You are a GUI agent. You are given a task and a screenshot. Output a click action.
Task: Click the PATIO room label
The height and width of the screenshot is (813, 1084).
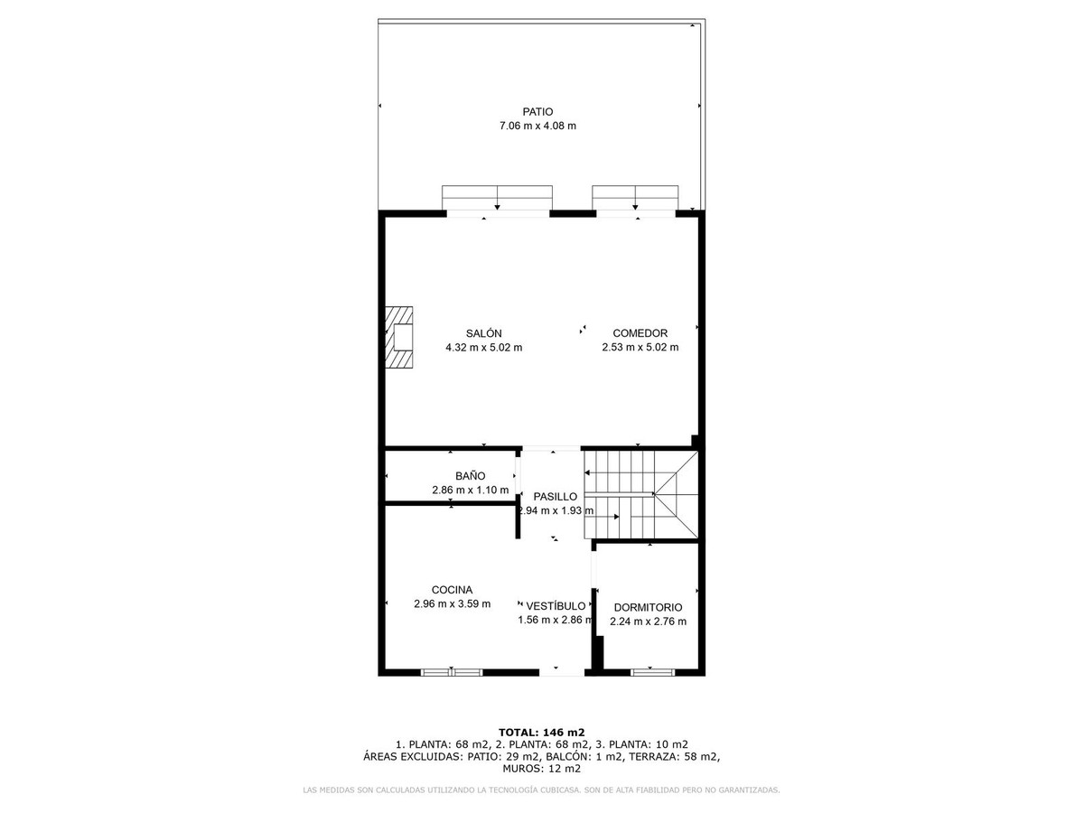click(x=537, y=112)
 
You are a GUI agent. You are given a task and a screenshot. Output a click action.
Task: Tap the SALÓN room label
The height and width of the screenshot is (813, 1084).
click(x=483, y=333)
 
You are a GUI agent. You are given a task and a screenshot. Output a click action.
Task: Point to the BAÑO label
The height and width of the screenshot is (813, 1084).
click(x=470, y=476)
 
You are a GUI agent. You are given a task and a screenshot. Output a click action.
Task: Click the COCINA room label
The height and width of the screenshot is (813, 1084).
click(x=452, y=589)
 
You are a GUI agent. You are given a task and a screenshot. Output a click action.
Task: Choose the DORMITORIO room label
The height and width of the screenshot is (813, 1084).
click(x=648, y=608)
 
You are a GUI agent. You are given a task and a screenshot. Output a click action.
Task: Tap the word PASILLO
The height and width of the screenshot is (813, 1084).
click(x=555, y=497)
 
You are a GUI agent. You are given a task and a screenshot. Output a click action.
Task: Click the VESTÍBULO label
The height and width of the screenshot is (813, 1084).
click(x=556, y=606)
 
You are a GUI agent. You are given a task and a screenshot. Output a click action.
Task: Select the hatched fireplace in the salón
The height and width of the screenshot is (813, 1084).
click(x=398, y=337)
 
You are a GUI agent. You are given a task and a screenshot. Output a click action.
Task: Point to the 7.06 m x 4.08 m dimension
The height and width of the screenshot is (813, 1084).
click(x=537, y=126)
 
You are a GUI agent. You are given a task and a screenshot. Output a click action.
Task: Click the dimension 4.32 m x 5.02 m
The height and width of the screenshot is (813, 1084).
click(x=483, y=348)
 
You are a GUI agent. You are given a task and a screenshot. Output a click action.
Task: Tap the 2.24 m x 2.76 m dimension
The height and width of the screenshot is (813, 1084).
click(x=648, y=621)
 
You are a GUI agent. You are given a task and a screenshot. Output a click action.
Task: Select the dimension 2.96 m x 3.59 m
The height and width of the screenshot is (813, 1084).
click(x=452, y=603)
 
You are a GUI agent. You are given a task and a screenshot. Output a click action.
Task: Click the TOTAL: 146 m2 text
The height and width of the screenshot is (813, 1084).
click(x=541, y=732)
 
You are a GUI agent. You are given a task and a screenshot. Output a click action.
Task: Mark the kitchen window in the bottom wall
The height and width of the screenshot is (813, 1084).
click(x=452, y=672)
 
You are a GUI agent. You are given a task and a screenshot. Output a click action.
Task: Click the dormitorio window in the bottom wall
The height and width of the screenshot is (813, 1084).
click(x=652, y=672)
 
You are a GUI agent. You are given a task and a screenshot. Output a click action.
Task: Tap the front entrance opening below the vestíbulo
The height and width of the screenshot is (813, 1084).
click(x=562, y=672)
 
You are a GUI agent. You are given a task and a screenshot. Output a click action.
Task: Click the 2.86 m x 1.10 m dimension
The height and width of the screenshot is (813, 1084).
click(x=470, y=491)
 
